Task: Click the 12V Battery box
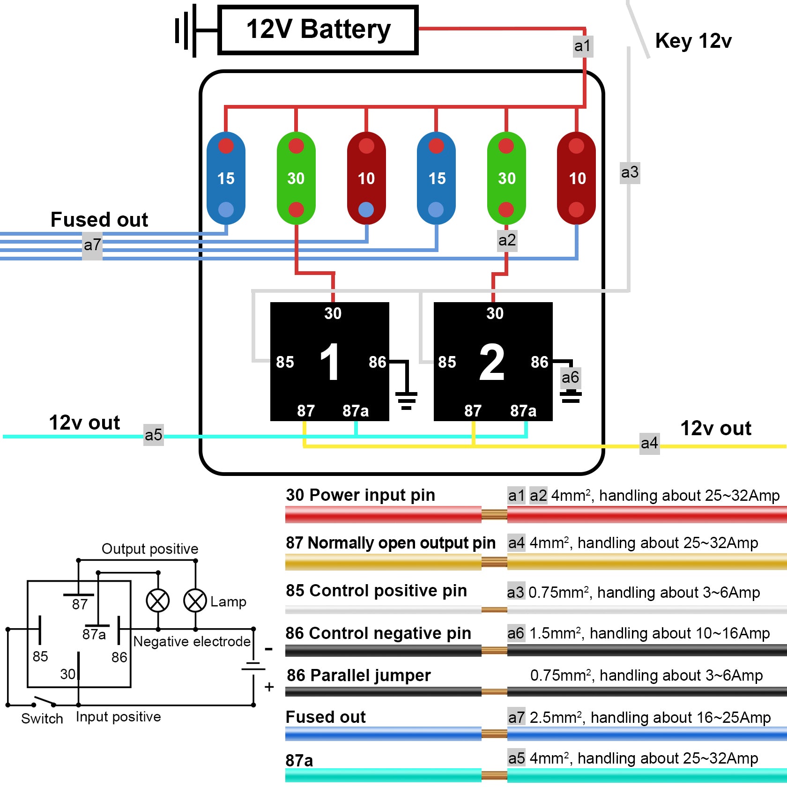click(x=318, y=30)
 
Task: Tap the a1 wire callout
click(x=583, y=46)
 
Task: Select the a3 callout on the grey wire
click(x=630, y=172)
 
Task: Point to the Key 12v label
click(x=693, y=41)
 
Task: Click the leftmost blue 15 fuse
click(x=226, y=178)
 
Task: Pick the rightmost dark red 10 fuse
click(x=576, y=178)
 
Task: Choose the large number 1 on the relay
click(x=330, y=362)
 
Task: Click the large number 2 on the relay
click(x=492, y=362)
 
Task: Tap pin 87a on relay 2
click(x=523, y=411)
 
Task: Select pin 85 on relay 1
click(x=285, y=362)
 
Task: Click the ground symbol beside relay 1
click(x=406, y=399)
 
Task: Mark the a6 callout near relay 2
click(x=571, y=378)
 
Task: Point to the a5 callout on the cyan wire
click(x=154, y=435)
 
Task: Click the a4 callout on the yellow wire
click(x=649, y=443)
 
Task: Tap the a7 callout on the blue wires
click(x=92, y=245)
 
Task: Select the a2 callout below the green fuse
click(x=507, y=240)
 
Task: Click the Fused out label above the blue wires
click(x=99, y=220)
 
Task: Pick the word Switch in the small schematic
click(x=42, y=719)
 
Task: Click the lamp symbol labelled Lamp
click(x=195, y=601)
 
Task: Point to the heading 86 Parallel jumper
click(x=358, y=676)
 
